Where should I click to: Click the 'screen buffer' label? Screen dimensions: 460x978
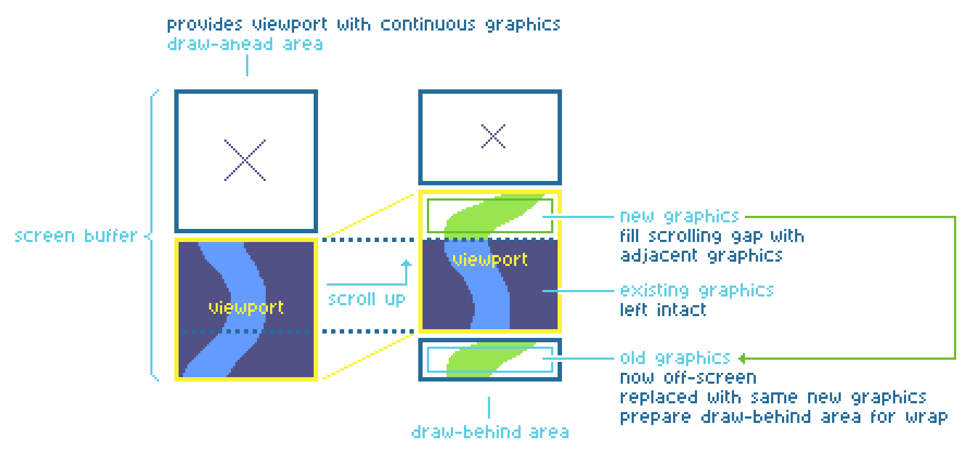pyautogui.click(x=76, y=235)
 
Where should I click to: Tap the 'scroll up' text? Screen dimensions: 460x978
pyautogui.click(x=366, y=299)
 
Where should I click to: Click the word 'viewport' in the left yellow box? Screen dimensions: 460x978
pyautogui.click(x=246, y=307)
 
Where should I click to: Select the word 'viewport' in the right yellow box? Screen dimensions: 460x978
pyautogui.click(x=490, y=259)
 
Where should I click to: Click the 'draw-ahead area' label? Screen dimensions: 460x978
pyautogui.click(x=244, y=44)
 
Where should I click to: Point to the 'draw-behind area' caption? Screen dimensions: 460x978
pyautogui.click(x=490, y=432)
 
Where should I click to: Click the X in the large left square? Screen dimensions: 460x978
pyautogui.click(x=246, y=160)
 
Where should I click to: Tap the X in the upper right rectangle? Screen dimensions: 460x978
pyautogui.click(x=493, y=136)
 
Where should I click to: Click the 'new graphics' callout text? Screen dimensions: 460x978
pyautogui.click(x=679, y=216)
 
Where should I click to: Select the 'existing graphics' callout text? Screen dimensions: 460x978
pyautogui.click(x=696, y=290)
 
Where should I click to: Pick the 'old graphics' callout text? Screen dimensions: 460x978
pyautogui.click(x=675, y=358)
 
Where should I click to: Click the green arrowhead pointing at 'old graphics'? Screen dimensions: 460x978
pyautogui.click(x=742, y=358)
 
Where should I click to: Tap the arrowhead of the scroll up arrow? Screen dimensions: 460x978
pyautogui.click(x=406, y=264)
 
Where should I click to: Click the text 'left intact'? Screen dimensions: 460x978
pyautogui.click(x=663, y=310)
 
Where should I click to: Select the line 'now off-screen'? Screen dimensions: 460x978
pyautogui.click(x=688, y=378)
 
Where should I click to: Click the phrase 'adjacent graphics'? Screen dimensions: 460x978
pyautogui.click(x=701, y=256)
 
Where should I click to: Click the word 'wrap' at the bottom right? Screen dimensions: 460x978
pyautogui.click(x=927, y=417)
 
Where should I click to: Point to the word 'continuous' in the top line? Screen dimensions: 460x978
pyautogui.click(x=427, y=25)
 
